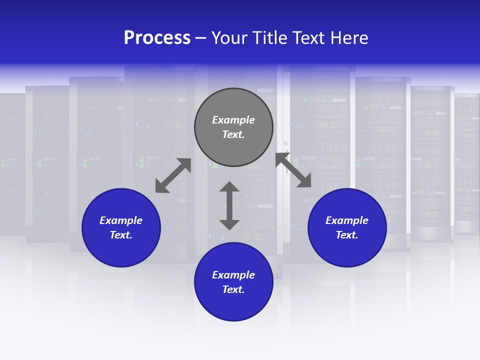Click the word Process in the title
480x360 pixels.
157,38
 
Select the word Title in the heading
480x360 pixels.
270,38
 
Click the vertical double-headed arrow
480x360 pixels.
229,205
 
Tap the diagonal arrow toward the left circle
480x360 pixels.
173,175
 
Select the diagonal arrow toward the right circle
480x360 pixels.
293,170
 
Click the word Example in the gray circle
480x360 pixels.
233,120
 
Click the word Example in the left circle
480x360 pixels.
121,220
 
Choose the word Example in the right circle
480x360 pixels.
347,220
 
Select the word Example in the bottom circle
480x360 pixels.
233,275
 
